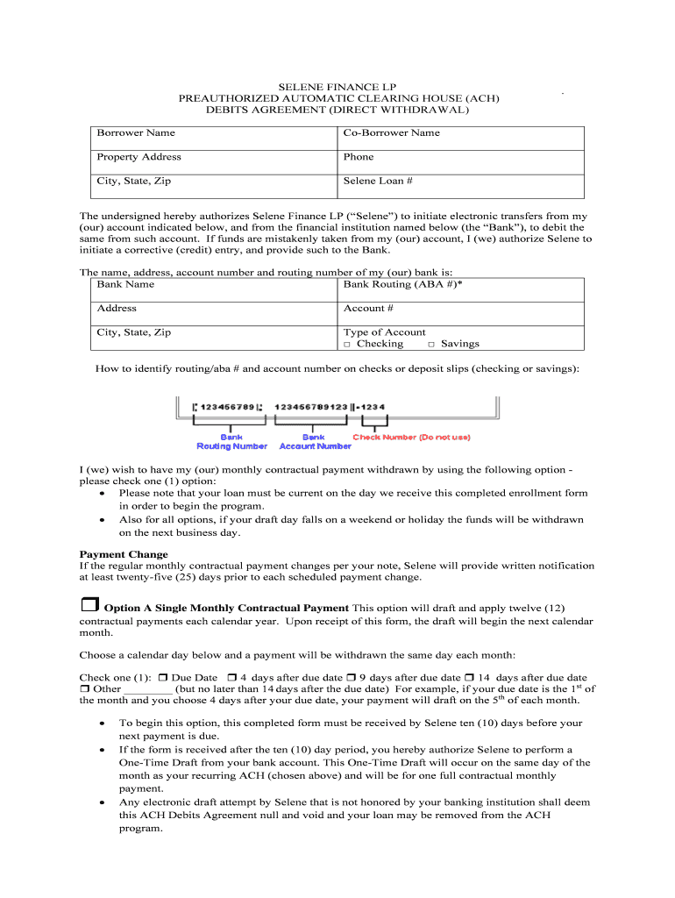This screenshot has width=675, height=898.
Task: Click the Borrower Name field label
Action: click(136, 133)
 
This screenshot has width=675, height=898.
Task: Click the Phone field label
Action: click(359, 157)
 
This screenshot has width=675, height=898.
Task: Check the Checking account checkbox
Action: click(348, 345)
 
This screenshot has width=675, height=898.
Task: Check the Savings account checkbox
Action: click(431, 345)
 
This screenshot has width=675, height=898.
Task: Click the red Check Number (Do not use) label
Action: click(411, 437)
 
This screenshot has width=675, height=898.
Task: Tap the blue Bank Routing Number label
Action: click(231, 441)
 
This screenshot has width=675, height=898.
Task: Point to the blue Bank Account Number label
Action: click(314, 441)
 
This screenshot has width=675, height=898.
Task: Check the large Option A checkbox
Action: click(89, 606)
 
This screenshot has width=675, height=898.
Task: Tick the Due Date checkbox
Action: click(163, 678)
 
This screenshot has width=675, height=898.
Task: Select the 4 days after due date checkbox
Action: click(231, 678)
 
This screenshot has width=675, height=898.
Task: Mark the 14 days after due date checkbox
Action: click(469, 678)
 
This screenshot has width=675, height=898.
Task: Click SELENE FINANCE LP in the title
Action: click(338, 88)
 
